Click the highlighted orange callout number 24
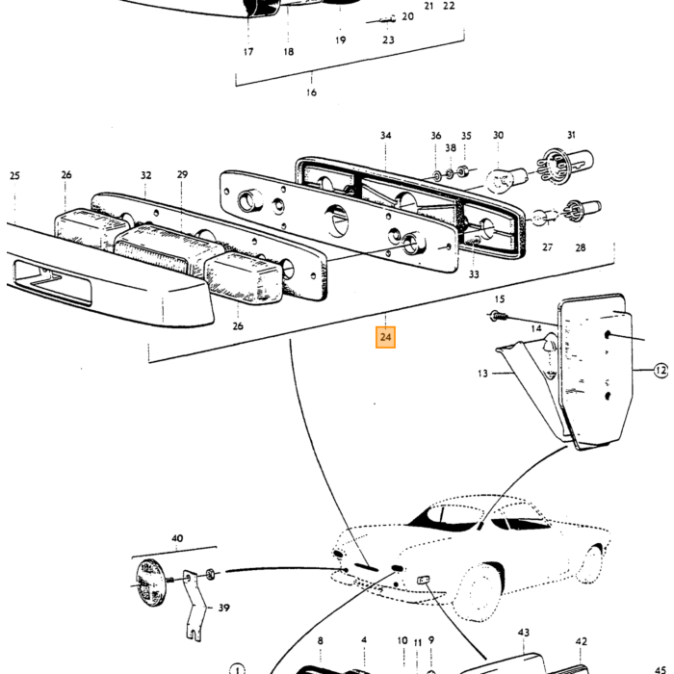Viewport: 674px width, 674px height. click(385, 337)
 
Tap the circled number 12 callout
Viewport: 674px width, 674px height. click(661, 370)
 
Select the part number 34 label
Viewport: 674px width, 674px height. click(385, 136)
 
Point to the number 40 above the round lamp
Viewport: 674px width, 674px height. click(177, 538)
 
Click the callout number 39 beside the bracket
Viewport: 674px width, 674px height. click(223, 608)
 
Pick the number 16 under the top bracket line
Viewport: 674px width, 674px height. click(311, 92)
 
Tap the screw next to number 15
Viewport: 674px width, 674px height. click(499, 317)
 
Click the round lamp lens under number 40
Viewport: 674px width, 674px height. click(150, 583)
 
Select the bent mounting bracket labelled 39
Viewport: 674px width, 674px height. click(193, 606)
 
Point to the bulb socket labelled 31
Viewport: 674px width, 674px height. click(564, 164)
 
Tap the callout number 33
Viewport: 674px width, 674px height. click(474, 274)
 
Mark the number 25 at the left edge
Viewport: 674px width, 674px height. click(14, 176)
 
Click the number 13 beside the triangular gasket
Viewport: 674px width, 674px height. click(482, 374)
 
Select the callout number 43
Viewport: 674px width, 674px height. click(523, 633)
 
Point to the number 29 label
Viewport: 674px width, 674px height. click(182, 174)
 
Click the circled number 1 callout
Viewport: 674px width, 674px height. click(237, 669)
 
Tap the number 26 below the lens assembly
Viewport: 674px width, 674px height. click(238, 326)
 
